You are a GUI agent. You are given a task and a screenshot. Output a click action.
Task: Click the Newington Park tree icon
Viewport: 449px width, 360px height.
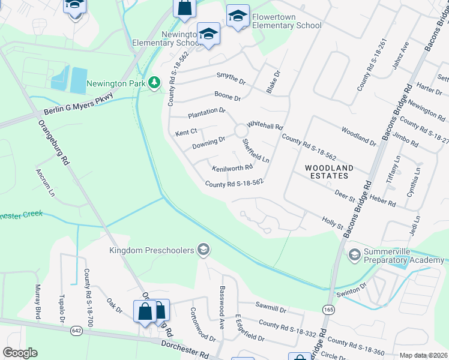155,83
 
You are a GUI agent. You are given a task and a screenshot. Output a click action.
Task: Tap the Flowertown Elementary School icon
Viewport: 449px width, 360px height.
238,16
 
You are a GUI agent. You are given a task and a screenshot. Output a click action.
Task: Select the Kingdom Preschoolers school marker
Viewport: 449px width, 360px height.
203,250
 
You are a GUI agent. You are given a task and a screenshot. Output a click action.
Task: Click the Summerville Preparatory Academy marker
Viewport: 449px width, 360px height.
354,255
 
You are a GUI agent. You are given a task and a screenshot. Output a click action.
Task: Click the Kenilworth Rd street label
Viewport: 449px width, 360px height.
232,168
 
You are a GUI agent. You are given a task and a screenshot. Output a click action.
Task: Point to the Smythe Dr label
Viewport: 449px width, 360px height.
231,78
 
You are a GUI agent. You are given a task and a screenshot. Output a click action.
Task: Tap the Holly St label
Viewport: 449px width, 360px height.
332,223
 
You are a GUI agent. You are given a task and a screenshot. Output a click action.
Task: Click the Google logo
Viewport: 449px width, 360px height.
20,353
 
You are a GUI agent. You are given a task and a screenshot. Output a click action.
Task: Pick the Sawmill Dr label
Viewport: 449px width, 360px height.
271,309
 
